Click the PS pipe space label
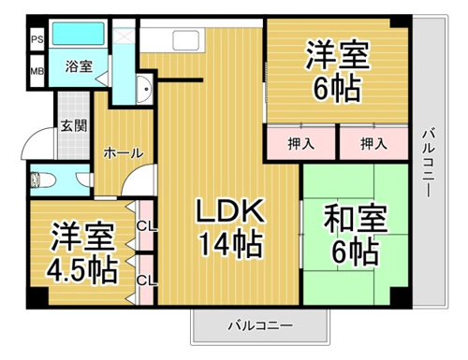[37, 39]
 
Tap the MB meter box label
[37, 71]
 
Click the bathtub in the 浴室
[78, 33]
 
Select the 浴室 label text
[79, 66]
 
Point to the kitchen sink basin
[186, 40]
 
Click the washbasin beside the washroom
[145, 89]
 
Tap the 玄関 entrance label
[73, 126]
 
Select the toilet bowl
[43, 180]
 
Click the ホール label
[124, 152]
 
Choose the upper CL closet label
[146, 226]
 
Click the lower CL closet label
[146, 281]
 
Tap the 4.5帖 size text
[81, 270]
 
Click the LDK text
[229, 211]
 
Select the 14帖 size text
[230, 244]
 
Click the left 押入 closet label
[300, 144]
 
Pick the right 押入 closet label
[373, 144]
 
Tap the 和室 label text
[356, 219]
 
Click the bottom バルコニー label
[260, 326]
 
